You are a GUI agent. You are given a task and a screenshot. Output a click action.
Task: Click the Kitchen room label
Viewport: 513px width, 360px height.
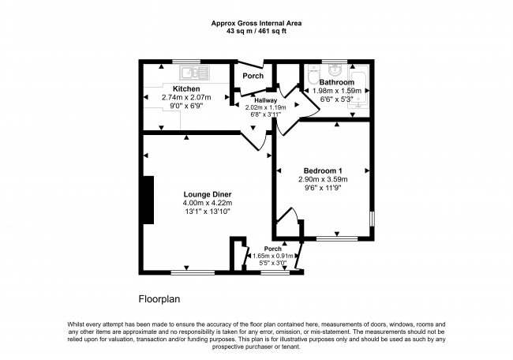click(x=186, y=88)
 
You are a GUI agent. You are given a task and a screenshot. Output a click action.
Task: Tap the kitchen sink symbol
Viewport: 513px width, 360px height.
click(x=194, y=73)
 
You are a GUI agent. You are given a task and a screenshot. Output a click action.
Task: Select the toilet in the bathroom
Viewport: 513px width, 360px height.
click(x=313, y=74)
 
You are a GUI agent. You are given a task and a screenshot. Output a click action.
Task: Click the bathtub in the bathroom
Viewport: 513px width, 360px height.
click(x=359, y=86)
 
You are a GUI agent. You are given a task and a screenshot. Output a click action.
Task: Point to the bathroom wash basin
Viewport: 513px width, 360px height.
click(x=335, y=69)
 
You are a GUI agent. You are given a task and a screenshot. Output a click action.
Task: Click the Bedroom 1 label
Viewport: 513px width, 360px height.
click(x=323, y=171)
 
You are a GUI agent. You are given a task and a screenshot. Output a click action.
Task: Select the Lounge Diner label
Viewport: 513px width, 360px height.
click(x=208, y=194)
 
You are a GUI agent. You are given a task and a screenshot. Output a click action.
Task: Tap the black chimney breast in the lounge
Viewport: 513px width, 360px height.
click(x=148, y=200)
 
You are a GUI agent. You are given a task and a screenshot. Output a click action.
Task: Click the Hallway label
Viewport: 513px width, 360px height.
click(x=266, y=100)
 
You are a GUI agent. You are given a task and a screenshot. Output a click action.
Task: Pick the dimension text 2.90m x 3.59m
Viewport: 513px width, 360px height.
click(x=323, y=179)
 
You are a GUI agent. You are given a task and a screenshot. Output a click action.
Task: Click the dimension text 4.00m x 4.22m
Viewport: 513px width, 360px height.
click(x=208, y=203)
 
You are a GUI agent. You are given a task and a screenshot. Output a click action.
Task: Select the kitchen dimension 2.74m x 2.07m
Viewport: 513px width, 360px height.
click(x=186, y=97)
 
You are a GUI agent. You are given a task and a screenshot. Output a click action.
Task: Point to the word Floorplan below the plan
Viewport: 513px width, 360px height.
click(x=159, y=299)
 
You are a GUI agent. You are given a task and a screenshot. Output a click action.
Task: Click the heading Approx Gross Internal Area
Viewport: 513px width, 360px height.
click(x=256, y=23)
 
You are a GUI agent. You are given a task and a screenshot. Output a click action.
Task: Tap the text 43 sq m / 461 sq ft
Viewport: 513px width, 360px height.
click(x=256, y=32)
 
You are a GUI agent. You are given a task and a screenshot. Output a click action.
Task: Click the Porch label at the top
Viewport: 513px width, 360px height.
click(x=253, y=76)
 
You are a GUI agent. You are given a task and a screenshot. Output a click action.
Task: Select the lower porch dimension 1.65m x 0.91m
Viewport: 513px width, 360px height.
click(x=273, y=256)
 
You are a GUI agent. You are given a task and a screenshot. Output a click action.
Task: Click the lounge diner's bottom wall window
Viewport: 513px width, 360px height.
click(x=193, y=272)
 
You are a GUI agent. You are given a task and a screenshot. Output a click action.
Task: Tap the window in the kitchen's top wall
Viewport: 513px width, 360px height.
click(x=186, y=62)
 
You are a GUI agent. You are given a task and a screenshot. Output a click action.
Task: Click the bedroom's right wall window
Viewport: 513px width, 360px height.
click(x=372, y=219)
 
